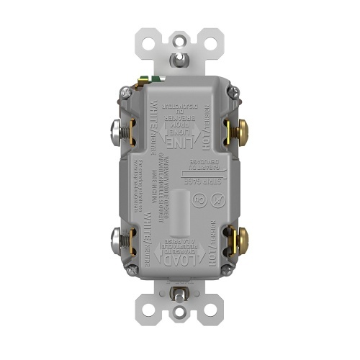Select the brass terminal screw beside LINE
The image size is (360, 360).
pos(240,130)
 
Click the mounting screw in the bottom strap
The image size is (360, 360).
pos(179,296)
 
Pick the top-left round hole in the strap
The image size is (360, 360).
pos(148,44)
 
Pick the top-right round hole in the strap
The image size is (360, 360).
pos(211,44)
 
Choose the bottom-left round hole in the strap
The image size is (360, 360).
pos(148,315)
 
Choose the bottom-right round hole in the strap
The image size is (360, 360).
pos(211,315)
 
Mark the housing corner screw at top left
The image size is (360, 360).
pos(127,91)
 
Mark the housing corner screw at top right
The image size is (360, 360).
pos(232,91)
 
